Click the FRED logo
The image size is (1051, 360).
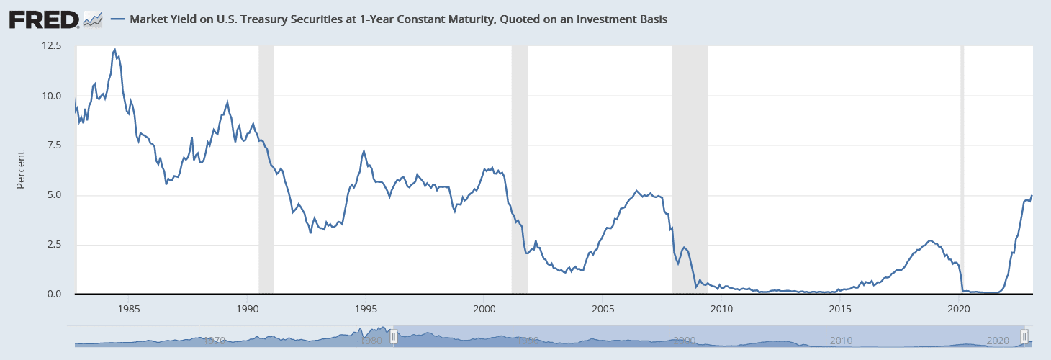coord(44,19)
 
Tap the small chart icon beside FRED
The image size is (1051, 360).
coord(93,19)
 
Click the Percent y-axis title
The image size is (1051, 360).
coord(21,170)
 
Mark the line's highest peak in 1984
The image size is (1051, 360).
coord(114,49)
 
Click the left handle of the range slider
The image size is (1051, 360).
coord(394,337)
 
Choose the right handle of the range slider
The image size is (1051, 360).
coord(1024,337)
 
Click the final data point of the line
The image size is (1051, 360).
coord(1032,195)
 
